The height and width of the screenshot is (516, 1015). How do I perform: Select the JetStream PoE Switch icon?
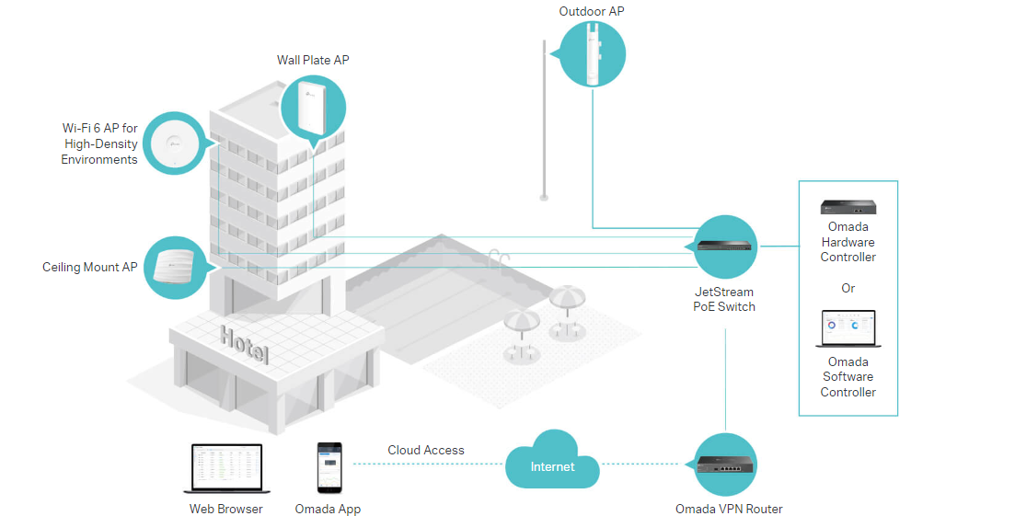coord(725,246)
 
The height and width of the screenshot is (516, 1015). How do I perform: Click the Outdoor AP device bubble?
coord(590,53)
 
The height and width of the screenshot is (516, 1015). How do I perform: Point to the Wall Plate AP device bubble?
coord(314,109)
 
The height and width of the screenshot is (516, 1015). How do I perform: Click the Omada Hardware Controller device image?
coord(848,207)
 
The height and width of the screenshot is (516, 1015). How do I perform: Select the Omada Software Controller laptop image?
coord(848,328)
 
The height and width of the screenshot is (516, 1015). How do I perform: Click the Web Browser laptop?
coord(225,469)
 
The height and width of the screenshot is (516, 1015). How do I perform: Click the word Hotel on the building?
coord(245,345)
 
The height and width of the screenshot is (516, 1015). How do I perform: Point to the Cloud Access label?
coord(426,450)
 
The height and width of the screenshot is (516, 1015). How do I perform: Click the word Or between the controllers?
coord(848,288)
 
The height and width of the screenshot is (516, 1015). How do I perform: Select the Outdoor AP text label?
coord(591,11)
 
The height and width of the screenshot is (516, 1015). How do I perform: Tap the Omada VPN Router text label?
coord(729,509)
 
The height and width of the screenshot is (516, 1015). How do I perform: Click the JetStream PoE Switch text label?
coord(724,299)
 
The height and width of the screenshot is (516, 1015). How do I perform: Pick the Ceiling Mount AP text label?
coord(90,268)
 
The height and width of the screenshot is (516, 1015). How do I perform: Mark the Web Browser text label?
coord(226,509)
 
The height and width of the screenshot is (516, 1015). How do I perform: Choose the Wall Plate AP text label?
coord(313,60)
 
